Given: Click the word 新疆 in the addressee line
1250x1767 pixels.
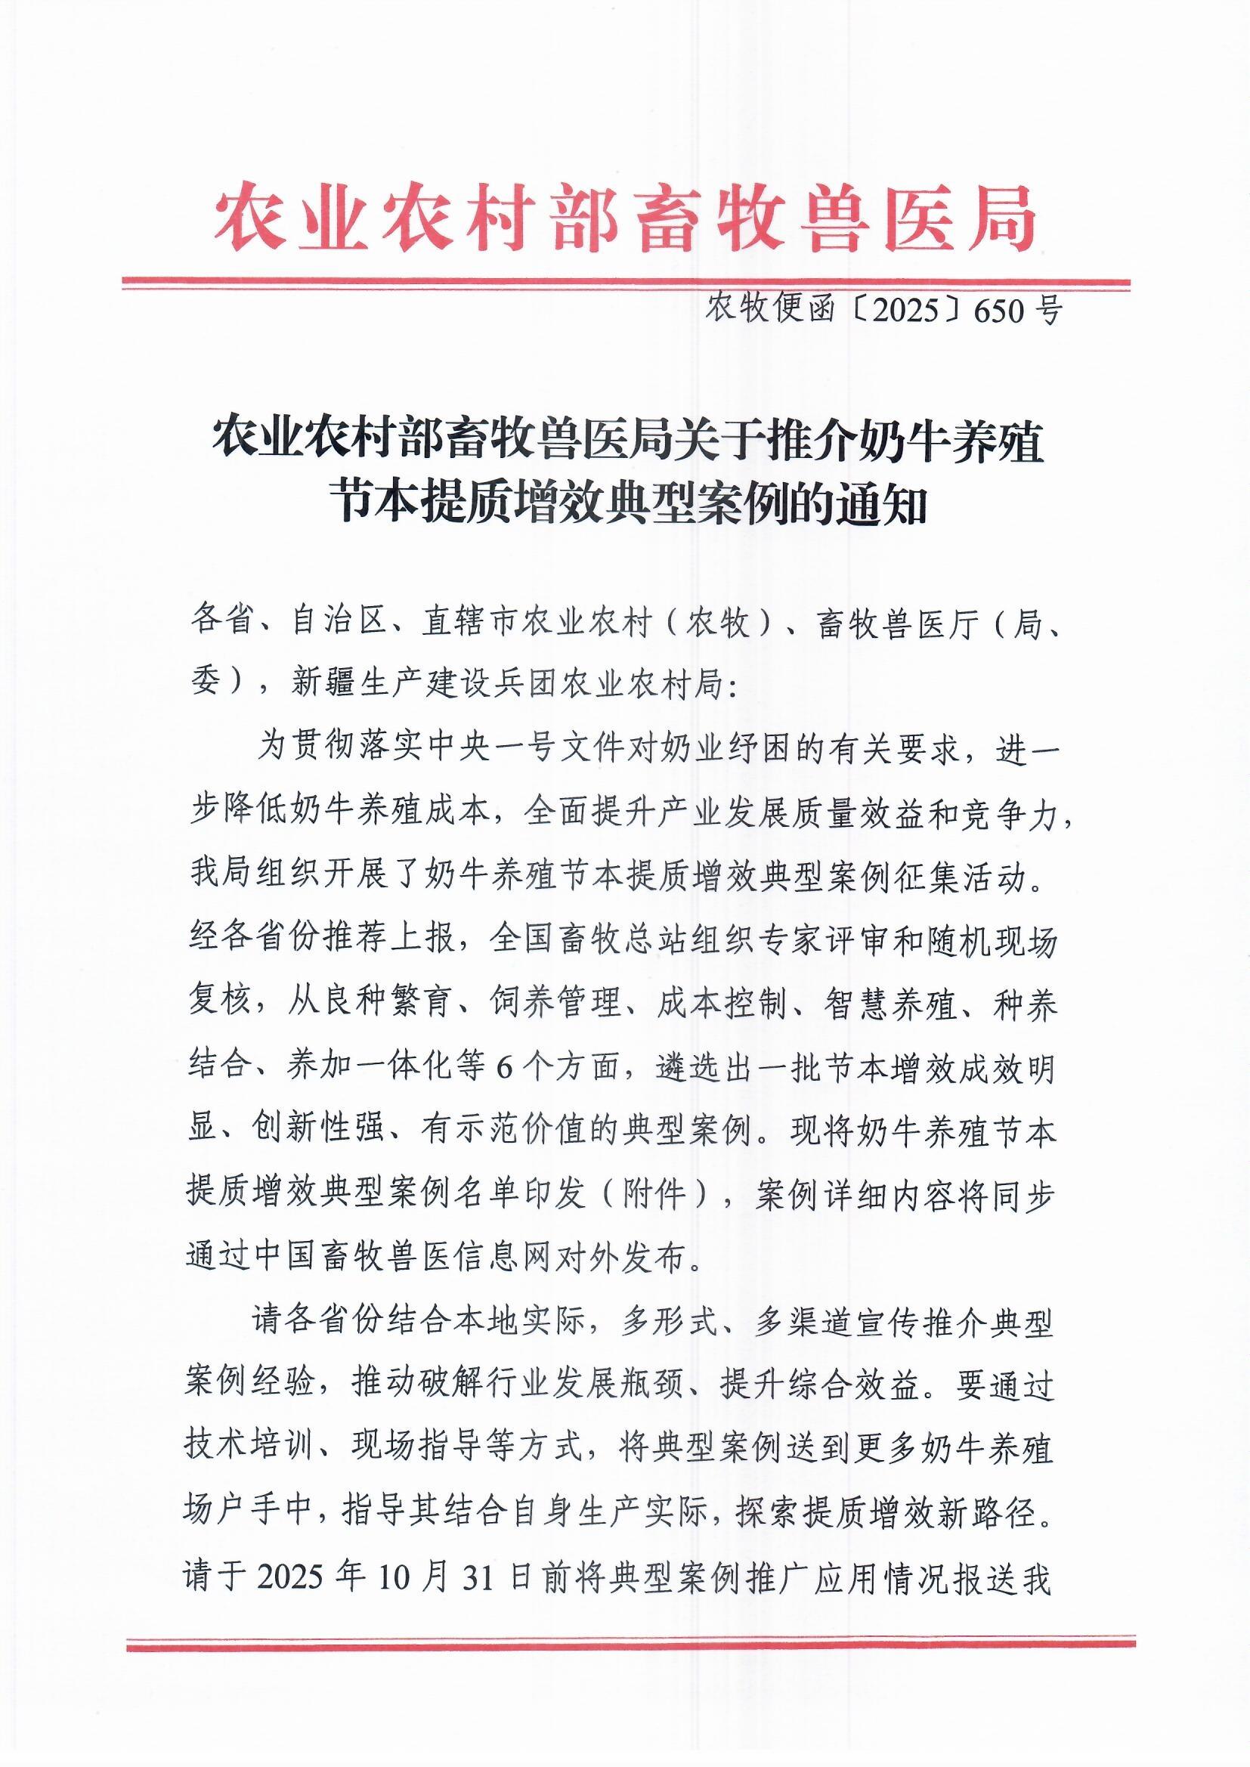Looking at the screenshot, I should (x=324, y=682).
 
